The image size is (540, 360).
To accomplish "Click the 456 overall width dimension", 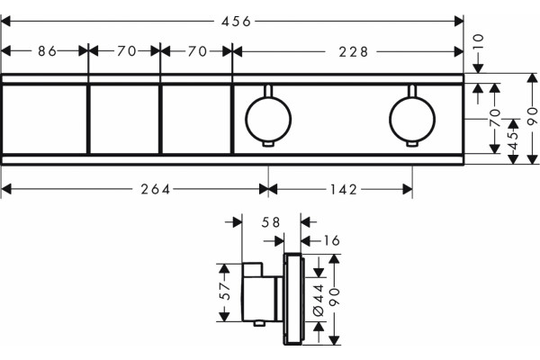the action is coord(236,22).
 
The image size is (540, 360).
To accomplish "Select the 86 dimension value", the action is coord(47,51).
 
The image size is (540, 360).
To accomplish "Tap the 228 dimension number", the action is coord(354,52).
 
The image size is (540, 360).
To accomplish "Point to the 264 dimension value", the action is coord(156,189).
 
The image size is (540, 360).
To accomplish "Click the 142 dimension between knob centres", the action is coord(344,189).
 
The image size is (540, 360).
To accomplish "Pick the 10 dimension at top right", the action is coord(479,42).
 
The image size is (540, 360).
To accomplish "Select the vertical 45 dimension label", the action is coord(513,135).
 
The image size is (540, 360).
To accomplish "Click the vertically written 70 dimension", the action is coord(495,118).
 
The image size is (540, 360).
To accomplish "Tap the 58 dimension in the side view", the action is coord(271,222).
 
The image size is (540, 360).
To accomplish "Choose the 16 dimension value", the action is coord(331,240).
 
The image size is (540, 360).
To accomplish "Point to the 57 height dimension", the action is coord(224,292).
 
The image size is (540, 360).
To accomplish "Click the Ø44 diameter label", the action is coord(319,300).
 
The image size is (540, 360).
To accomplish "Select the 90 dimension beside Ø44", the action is coord(335,297).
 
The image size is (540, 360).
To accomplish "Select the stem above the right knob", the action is coord(412,91).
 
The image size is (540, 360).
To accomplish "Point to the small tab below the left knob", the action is coord(268,144).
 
